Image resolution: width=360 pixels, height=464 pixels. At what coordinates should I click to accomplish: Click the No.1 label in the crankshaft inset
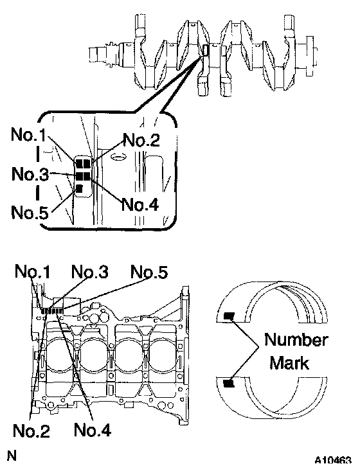tap(29, 135)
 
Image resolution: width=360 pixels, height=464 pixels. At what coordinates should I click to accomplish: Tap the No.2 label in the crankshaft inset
tap(141, 139)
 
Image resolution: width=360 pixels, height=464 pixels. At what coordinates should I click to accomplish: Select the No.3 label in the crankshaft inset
tap(30, 174)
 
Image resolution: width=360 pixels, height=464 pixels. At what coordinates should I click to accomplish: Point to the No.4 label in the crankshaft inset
tap(140, 204)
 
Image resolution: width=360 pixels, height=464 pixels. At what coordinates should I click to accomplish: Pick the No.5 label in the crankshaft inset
tap(30, 212)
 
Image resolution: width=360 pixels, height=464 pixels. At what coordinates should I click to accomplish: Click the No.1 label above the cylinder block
tap(32, 271)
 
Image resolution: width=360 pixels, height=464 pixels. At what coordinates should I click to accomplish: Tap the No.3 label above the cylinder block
tap(90, 271)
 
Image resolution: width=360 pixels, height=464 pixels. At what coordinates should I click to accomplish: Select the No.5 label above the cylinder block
tap(149, 272)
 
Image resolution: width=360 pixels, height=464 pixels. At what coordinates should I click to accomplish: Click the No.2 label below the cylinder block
tap(32, 431)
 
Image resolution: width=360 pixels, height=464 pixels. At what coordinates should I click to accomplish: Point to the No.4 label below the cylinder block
tap(93, 430)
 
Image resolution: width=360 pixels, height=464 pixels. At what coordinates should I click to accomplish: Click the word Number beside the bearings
tap(296, 340)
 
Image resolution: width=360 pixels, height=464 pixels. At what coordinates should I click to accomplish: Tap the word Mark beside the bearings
tap(289, 363)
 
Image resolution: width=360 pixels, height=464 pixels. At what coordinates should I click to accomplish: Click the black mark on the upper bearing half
tap(229, 316)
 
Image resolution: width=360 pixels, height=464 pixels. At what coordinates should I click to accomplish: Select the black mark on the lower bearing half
tap(229, 384)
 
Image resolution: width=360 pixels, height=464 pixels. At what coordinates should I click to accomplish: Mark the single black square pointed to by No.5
tap(79, 188)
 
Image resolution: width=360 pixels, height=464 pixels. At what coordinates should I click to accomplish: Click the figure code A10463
tap(334, 460)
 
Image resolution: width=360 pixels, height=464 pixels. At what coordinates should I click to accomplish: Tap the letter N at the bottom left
tap(12, 456)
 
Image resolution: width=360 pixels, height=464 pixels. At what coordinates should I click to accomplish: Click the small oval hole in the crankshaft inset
tap(118, 157)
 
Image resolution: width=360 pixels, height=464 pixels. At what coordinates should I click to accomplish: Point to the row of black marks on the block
tap(52, 310)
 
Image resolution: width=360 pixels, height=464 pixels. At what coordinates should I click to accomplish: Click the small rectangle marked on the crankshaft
tap(206, 50)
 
